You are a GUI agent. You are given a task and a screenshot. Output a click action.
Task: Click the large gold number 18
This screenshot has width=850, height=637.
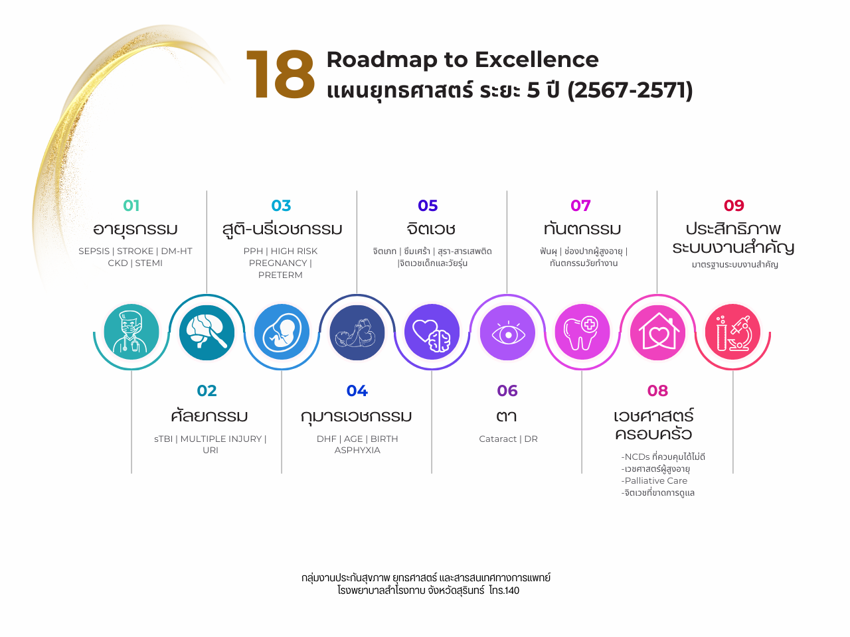click(280, 76)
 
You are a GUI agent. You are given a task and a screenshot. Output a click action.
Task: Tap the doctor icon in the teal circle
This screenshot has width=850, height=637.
click(131, 332)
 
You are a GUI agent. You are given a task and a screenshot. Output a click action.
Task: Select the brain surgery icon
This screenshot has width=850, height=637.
click(207, 332)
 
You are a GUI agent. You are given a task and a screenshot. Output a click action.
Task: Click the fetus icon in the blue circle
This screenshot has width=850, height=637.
click(282, 332)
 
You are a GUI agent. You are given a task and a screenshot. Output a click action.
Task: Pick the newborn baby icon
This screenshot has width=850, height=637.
click(357, 332)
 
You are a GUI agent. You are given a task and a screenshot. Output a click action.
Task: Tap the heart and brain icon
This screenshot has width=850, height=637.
click(432, 332)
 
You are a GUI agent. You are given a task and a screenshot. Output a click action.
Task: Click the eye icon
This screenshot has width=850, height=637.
click(507, 332)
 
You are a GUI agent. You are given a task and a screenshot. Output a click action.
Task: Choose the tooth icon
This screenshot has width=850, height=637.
click(582, 332)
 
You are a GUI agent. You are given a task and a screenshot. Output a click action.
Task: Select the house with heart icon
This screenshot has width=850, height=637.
click(657, 332)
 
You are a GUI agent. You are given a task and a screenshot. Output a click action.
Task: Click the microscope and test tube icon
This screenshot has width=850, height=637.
click(732, 332)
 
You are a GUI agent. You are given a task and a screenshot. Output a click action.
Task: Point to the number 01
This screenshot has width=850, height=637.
click(131, 206)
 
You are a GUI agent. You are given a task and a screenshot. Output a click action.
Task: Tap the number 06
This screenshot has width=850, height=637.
click(507, 391)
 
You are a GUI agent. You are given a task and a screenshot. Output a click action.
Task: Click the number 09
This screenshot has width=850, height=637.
click(734, 206)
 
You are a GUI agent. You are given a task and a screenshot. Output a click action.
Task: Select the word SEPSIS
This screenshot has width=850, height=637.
click(94, 251)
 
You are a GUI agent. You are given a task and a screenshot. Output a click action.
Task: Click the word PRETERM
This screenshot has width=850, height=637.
click(280, 275)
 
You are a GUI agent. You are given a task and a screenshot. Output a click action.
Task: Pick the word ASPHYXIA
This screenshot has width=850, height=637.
click(357, 451)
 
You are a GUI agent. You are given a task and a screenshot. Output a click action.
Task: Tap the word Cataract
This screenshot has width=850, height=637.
click(497, 439)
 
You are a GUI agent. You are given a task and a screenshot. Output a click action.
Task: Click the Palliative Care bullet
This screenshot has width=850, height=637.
click(655, 481)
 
